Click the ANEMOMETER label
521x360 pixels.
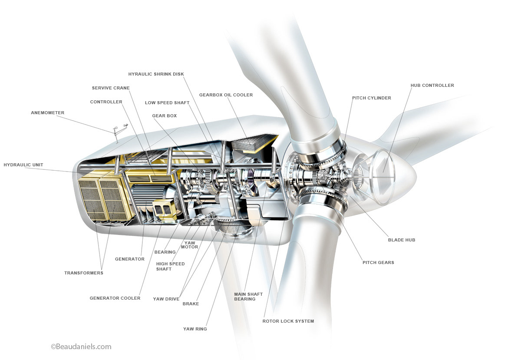pyautogui.click(x=47, y=112)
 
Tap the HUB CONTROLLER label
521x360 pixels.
pyautogui.click(x=432, y=86)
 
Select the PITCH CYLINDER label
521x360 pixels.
pyautogui.click(x=372, y=98)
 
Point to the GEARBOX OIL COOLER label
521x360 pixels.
pyautogui.click(x=226, y=95)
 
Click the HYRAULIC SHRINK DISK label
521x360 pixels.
pyautogui.click(x=156, y=74)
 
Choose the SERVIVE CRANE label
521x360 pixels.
pyautogui.click(x=111, y=88)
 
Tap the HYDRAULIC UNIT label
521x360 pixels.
pyautogui.click(x=23, y=165)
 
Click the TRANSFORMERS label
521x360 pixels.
pyautogui.click(x=84, y=273)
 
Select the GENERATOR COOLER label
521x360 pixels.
pyautogui.click(x=115, y=298)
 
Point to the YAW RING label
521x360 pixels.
pyautogui.click(x=195, y=329)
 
